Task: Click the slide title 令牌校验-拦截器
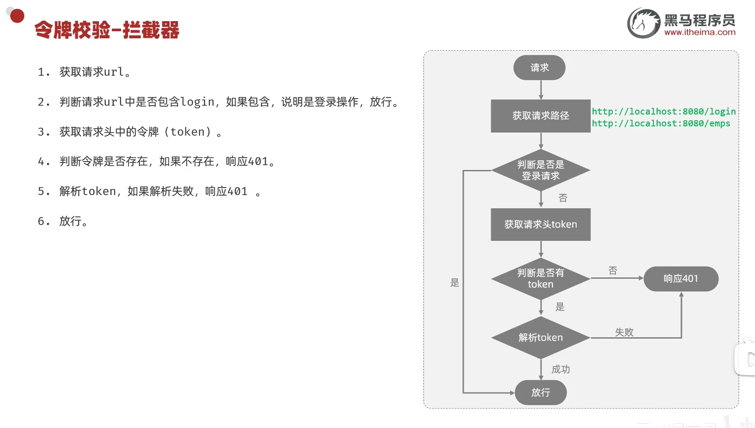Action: (107, 30)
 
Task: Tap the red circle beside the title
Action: (17, 16)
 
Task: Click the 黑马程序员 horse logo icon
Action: (643, 23)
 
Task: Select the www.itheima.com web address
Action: (699, 32)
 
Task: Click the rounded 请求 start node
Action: (540, 68)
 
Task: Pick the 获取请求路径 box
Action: (540, 116)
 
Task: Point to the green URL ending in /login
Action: (663, 111)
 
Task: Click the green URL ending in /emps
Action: (661, 123)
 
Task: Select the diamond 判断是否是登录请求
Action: (540, 170)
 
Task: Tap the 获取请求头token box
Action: (540, 225)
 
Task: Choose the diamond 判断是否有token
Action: (540, 278)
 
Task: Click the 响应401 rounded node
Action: (681, 279)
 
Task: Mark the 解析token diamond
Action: (540, 338)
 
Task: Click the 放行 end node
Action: (540, 392)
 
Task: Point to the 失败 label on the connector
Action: (624, 332)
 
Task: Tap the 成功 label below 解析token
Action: (561, 369)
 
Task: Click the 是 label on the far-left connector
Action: (455, 283)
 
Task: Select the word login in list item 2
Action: (197, 102)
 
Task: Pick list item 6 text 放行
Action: (70, 221)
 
